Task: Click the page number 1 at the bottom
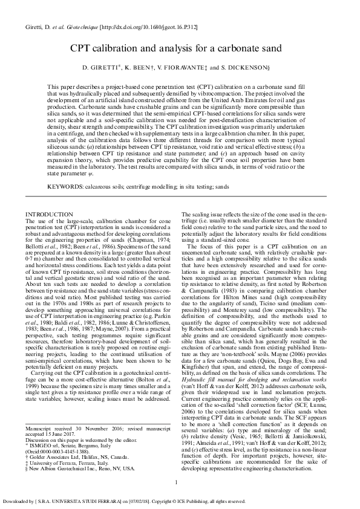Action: [x=175, y=481]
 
